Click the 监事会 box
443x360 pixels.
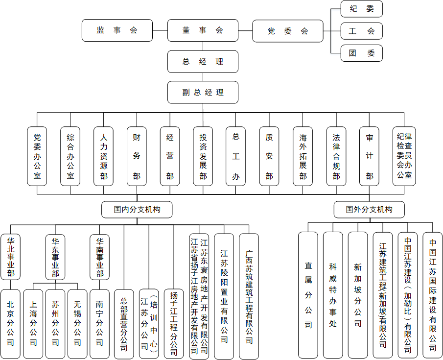[x=117, y=30]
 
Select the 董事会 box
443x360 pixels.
[x=203, y=30]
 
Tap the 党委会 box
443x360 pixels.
[x=288, y=31]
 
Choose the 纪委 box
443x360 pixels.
[x=361, y=9]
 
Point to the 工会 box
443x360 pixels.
[x=361, y=31]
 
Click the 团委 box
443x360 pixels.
[x=361, y=53]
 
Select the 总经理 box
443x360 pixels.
[x=203, y=62]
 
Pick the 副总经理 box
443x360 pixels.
[x=203, y=92]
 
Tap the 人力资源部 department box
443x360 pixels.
[x=103, y=156]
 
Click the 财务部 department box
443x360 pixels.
[x=137, y=156]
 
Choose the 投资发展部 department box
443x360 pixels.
[x=203, y=156]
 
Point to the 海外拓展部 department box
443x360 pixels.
[x=303, y=156]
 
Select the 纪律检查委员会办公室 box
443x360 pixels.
[x=404, y=156]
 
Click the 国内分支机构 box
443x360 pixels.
[x=137, y=209]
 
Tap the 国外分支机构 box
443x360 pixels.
[x=369, y=209]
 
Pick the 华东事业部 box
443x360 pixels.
[x=55, y=257]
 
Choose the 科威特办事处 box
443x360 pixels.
[x=333, y=295]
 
